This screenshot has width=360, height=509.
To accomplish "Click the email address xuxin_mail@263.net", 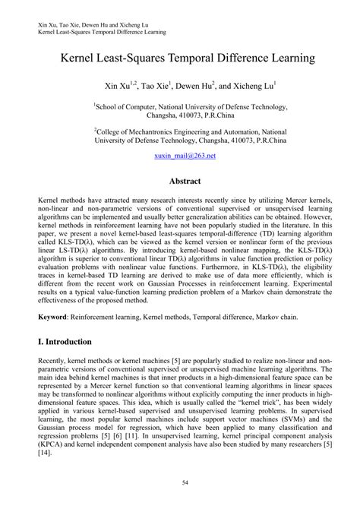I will click(180, 155).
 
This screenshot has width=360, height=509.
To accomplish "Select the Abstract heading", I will click(180, 182).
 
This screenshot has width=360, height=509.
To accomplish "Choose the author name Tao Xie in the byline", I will click(155, 86).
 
